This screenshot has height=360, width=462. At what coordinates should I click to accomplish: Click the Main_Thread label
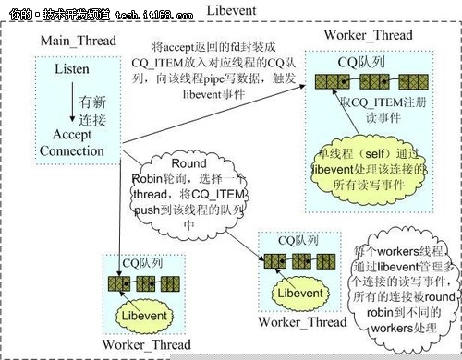(x=76, y=42)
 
